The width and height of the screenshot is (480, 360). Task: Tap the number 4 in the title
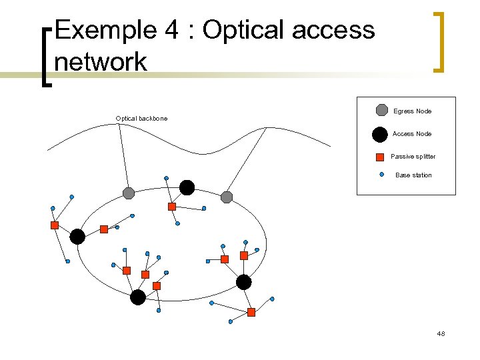[171, 31]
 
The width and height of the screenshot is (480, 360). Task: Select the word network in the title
[101, 63]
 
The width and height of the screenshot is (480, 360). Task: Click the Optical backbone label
[141, 119]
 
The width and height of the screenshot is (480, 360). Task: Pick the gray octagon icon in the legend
[381, 111]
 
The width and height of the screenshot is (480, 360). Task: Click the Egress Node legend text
[412, 111]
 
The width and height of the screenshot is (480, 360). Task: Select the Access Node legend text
[412, 134]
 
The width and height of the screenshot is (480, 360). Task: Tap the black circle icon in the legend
[380, 135]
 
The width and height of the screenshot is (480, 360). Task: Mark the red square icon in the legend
[380, 157]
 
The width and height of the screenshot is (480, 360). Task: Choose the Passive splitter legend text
[413, 157]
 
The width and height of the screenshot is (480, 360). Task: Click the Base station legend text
[413, 175]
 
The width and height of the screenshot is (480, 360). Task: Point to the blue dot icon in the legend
[381, 175]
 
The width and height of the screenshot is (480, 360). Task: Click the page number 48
[441, 333]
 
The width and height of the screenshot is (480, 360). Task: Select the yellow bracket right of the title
[438, 41]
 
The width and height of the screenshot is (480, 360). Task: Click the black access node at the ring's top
[187, 188]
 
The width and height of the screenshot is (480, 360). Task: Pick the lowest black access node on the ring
[138, 297]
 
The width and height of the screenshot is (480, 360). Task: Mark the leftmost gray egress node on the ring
[129, 193]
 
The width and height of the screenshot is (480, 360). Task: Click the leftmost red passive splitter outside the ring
[55, 225]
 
